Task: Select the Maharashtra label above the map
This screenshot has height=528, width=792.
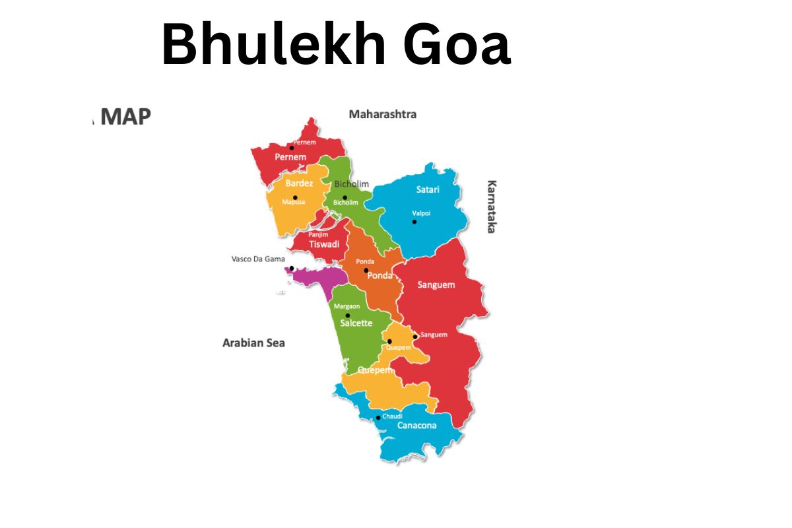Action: tap(383, 114)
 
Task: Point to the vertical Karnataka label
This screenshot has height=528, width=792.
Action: tap(491, 207)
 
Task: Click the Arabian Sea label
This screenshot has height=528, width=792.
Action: tap(253, 343)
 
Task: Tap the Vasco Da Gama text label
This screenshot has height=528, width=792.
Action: tap(258, 259)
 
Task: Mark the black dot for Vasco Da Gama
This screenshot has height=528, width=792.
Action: tap(292, 269)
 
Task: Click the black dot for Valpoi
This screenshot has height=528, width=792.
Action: tap(414, 222)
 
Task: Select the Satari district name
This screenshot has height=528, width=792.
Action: tap(428, 189)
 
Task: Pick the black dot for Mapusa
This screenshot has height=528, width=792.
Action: tap(295, 197)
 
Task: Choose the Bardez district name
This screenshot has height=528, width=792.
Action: tap(299, 183)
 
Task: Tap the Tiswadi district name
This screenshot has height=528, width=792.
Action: tap(324, 244)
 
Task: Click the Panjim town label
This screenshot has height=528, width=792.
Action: tap(318, 234)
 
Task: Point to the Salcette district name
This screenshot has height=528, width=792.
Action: tap(356, 323)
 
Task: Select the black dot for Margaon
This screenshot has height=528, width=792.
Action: tap(348, 315)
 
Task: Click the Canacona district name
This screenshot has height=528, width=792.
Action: tap(416, 425)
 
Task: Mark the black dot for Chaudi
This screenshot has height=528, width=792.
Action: tap(378, 418)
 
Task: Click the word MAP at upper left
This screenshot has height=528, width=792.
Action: tap(127, 117)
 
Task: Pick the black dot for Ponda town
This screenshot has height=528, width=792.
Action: tap(366, 271)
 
